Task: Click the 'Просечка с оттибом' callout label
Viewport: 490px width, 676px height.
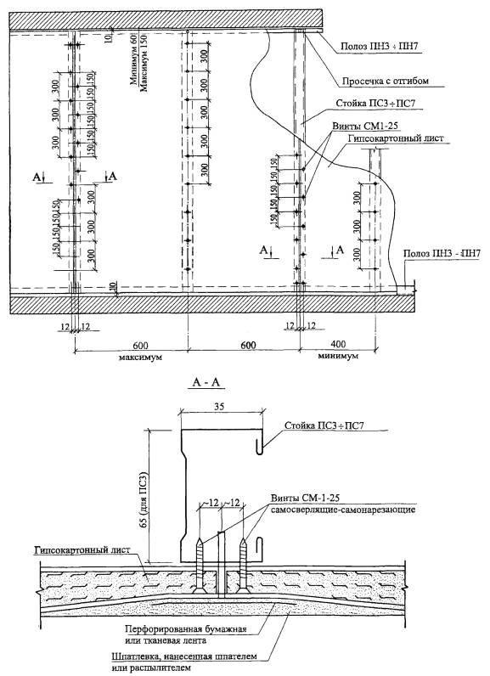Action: point(386,81)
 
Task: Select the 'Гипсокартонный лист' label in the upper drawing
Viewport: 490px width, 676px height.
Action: point(396,138)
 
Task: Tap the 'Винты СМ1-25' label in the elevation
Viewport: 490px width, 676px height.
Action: point(365,126)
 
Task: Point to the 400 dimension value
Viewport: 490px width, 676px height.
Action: point(339,345)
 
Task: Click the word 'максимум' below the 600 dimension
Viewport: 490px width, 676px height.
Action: point(139,358)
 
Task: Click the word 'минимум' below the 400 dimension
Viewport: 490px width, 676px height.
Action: point(339,357)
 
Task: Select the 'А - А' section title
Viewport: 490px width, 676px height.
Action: point(208,382)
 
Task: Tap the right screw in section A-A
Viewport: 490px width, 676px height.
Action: point(243,565)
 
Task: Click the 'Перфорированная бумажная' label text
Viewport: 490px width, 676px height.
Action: point(186,629)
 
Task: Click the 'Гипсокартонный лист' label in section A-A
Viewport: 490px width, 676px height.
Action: point(82,551)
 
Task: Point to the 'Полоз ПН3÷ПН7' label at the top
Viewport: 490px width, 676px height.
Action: point(375,47)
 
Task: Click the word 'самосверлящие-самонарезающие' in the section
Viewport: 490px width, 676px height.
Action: point(343,510)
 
